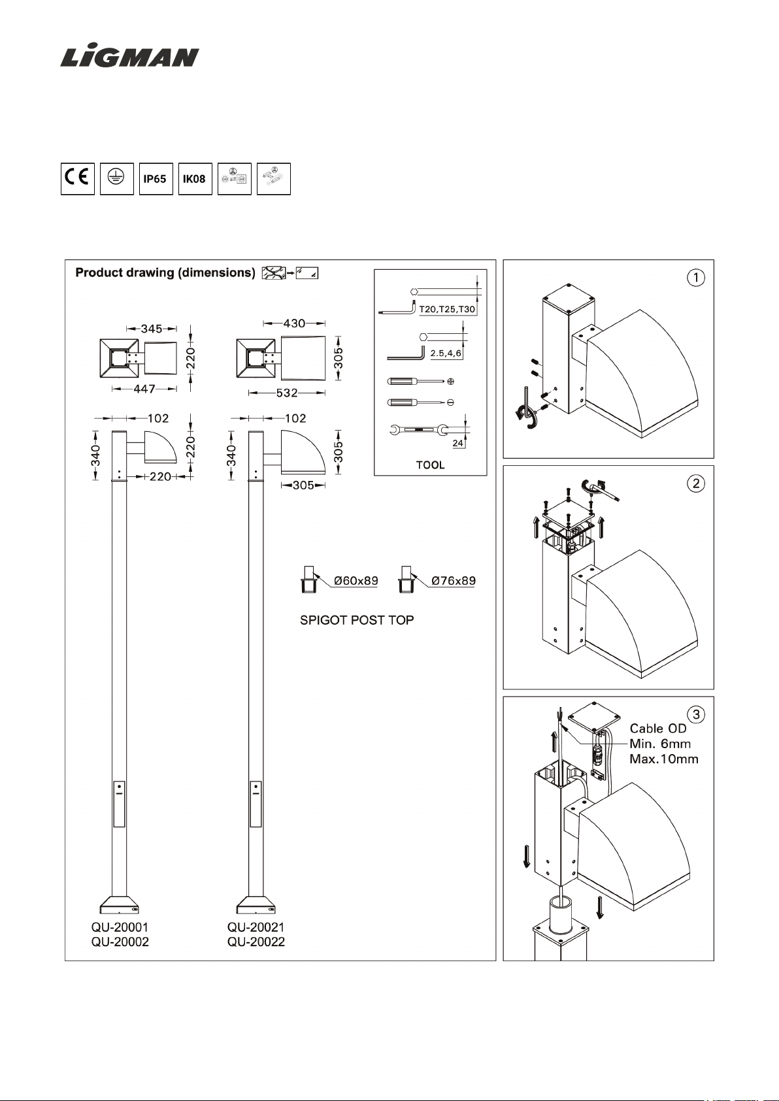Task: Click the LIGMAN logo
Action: point(130,57)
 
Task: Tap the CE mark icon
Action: point(78,179)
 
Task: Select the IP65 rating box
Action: point(156,179)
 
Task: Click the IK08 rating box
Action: point(195,179)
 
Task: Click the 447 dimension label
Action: point(144,389)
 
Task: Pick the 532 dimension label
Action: point(287,393)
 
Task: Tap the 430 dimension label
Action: point(294,323)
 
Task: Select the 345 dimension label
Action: point(152,329)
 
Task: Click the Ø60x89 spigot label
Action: point(356,580)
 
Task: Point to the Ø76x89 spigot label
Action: point(453,580)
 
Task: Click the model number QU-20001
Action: point(120,927)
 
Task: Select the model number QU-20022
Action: point(256,942)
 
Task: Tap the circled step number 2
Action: point(695,484)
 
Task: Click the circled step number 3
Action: point(695,714)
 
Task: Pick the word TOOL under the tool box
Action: point(430,465)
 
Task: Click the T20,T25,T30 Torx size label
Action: point(447,310)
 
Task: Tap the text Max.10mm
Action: point(664,759)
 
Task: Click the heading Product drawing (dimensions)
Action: point(165,272)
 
